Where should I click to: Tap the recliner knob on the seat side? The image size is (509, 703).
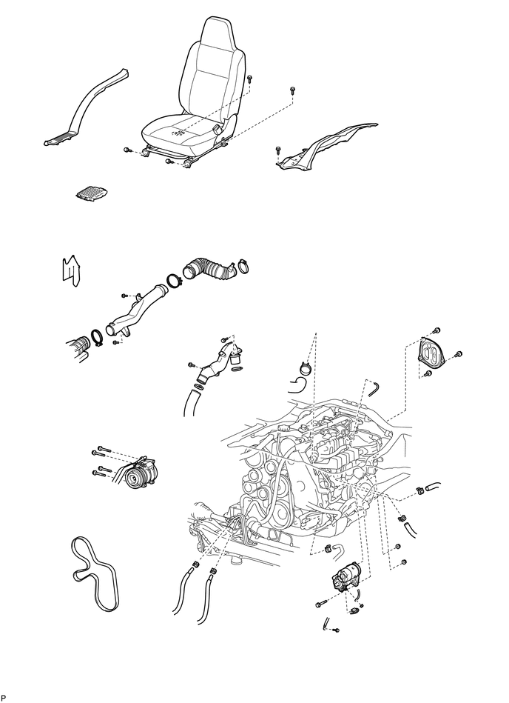[x=219, y=130]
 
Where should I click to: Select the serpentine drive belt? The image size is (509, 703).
[x=95, y=573]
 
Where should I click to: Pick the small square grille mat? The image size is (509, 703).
[x=92, y=193]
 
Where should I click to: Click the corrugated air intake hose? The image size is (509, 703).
[x=209, y=269]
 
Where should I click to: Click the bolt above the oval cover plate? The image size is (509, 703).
[x=437, y=330]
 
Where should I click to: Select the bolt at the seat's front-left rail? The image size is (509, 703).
[x=127, y=150]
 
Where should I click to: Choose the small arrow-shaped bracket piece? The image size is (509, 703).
[x=70, y=270]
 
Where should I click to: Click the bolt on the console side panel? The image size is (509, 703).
[x=278, y=149]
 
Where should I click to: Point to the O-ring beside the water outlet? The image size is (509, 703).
[x=238, y=370]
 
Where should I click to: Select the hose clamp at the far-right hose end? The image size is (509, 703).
[x=420, y=490]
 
